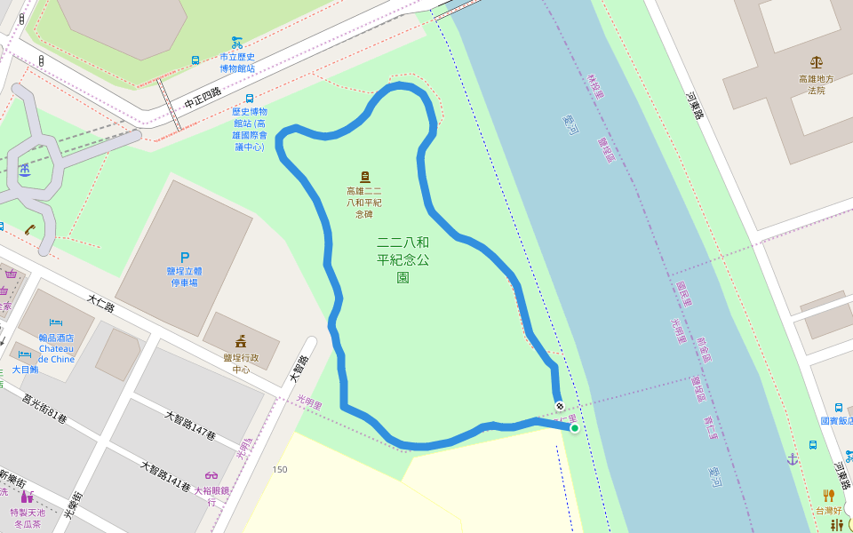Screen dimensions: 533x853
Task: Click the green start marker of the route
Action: point(575,428)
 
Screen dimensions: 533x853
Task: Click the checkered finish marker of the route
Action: point(560,407)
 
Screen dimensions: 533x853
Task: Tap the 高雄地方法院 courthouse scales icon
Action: point(817,62)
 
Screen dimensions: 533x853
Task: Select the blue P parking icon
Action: point(185,258)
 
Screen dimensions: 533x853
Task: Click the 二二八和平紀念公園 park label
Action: point(403,259)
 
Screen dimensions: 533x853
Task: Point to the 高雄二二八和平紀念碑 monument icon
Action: point(364,177)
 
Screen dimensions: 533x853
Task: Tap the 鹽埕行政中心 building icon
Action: point(241,340)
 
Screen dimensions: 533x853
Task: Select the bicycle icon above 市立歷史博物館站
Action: point(237,42)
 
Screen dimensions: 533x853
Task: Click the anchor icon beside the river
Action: point(792,458)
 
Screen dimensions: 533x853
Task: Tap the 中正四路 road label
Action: point(203,98)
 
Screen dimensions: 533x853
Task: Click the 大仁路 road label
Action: point(102,305)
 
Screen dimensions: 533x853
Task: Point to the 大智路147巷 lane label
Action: point(190,426)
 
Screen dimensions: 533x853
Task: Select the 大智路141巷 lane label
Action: point(166,477)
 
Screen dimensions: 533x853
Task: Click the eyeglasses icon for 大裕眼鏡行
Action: point(211,475)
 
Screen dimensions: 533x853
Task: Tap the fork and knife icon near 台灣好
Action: point(828,495)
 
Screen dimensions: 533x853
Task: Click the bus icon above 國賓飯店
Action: point(838,408)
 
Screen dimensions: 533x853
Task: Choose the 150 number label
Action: point(280,469)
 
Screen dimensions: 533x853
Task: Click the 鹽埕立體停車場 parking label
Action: point(185,276)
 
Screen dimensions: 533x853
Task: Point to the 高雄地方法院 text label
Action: point(817,84)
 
